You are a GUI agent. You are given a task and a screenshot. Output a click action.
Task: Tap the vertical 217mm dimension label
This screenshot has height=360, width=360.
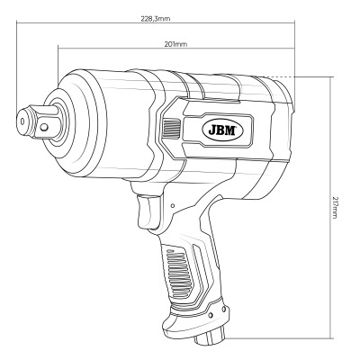(x=333, y=210)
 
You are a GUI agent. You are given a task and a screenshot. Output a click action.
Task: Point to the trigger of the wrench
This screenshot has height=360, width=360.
(x=144, y=212)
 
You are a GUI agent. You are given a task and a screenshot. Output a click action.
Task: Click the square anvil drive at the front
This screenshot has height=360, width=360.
(x=41, y=119)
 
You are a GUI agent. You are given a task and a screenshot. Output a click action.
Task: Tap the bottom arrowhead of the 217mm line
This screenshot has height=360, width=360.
(x=325, y=340)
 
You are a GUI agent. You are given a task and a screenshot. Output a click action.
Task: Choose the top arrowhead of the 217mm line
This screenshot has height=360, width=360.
(x=325, y=77)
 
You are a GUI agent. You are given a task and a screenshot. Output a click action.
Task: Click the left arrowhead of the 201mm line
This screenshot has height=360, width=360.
(x=58, y=50)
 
